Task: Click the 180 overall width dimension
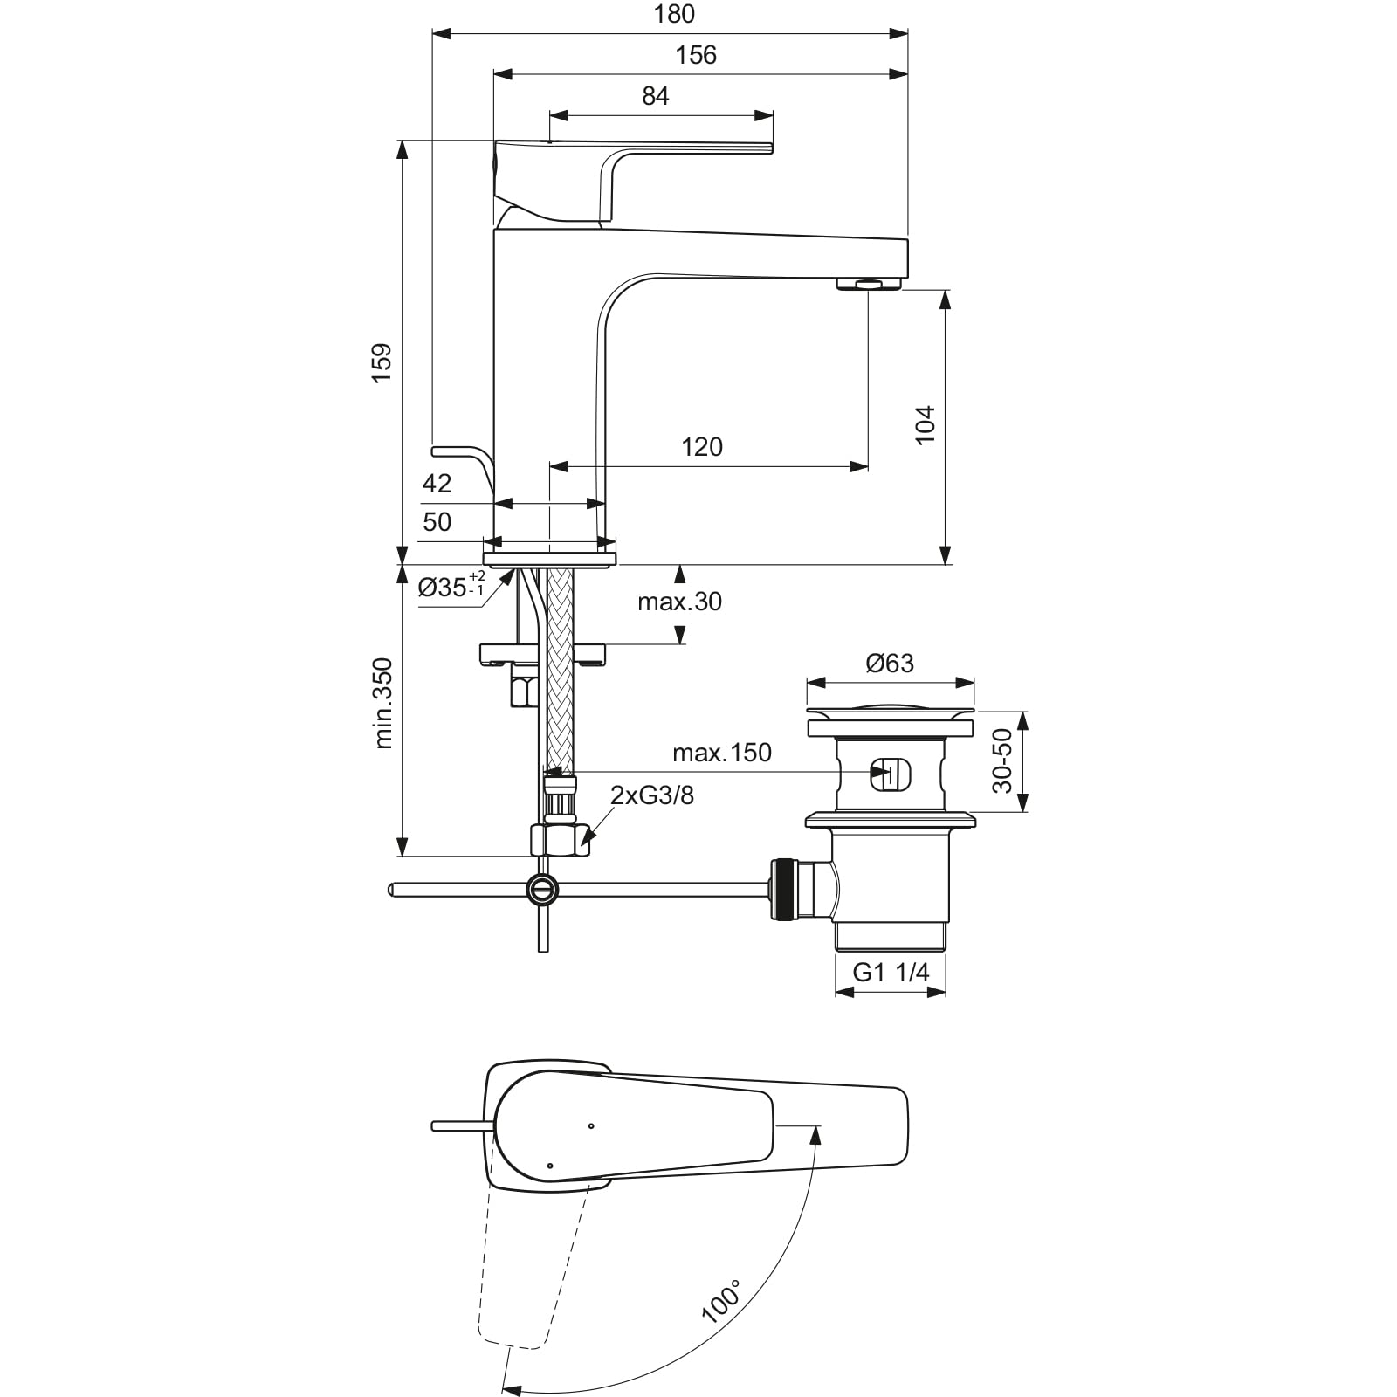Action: tap(674, 14)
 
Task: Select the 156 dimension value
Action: tap(696, 55)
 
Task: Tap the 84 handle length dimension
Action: tap(656, 95)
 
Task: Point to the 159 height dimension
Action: tap(381, 362)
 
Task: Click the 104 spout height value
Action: tap(926, 425)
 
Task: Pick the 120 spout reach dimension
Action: tap(702, 447)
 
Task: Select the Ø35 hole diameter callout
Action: tap(451, 586)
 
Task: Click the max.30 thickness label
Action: tap(679, 602)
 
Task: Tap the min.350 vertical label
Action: tap(383, 704)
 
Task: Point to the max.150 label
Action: tap(722, 753)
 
